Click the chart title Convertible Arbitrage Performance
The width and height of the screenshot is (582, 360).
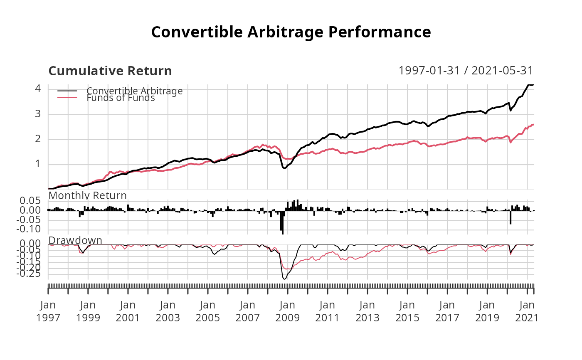(x=291, y=32)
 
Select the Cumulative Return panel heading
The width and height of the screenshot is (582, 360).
(x=110, y=71)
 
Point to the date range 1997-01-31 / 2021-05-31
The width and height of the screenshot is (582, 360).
(x=466, y=71)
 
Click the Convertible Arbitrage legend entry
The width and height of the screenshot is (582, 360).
(x=134, y=91)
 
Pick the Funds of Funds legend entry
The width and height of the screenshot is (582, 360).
(x=121, y=98)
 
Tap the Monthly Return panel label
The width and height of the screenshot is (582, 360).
(x=88, y=195)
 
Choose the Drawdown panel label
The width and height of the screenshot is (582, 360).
(x=75, y=240)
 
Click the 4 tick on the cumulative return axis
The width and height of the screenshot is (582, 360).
(x=38, y=89)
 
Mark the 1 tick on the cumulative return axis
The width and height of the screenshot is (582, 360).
(x=38, y=164)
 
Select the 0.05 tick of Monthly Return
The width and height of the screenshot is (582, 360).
(x=31, y=201)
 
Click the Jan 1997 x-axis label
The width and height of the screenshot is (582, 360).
(x=48, y=311)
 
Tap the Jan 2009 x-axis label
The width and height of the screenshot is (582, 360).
(x=288, y=311)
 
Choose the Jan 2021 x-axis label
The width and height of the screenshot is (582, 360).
(x=527, y=311)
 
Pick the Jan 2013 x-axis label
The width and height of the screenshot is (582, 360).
(x=367, y=311)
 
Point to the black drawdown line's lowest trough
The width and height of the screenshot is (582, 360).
(x=284, y=279)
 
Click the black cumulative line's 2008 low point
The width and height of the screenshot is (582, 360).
(x=284, y=168)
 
